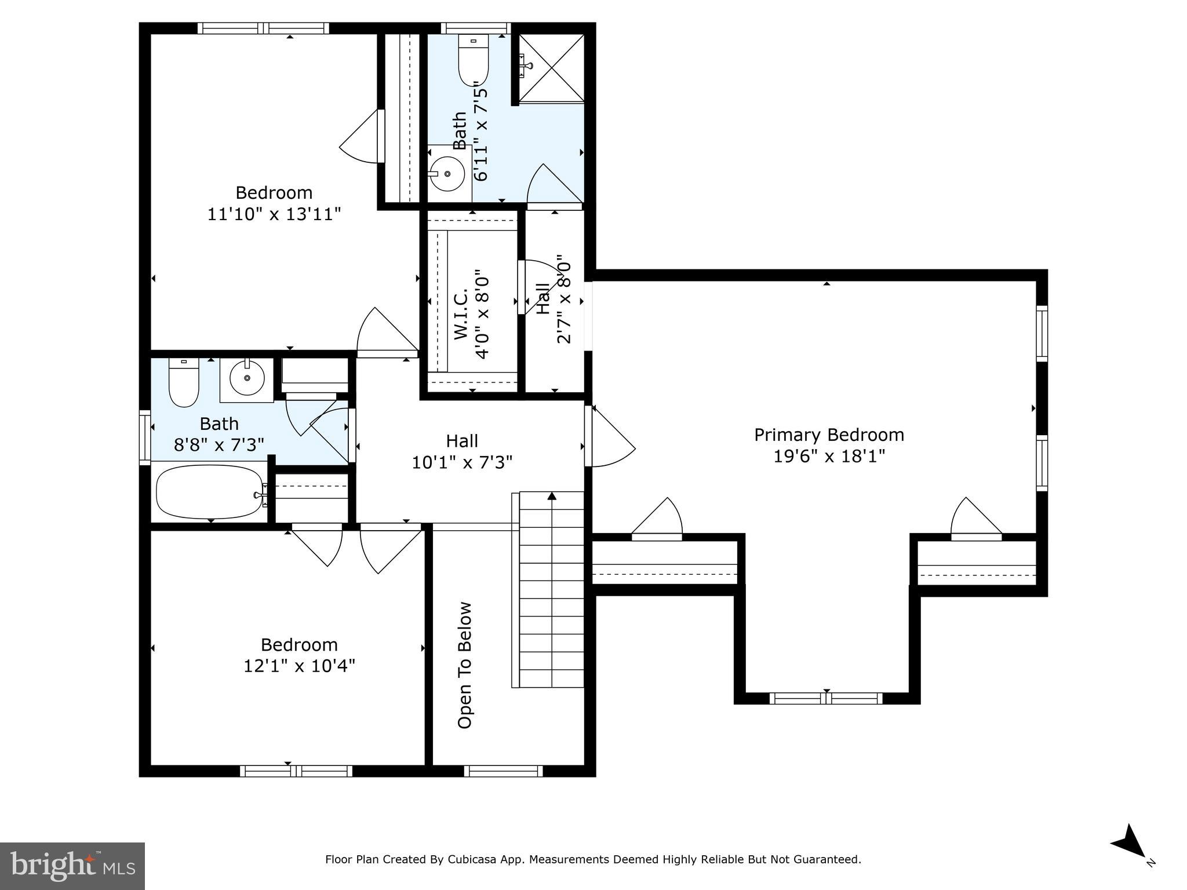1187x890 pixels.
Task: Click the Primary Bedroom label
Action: pyautogui.click(x=828, y=435)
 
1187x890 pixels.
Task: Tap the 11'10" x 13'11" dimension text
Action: pyautogui.click(x=274, y=214)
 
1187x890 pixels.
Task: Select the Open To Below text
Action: pyautogui.click(x=465, y=665)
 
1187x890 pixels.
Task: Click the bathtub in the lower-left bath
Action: pyautogui.click(x=209, y=492)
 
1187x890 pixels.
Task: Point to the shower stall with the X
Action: pyautogui.click(x=551, y=68)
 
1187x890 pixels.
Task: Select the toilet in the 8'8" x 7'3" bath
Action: pyautogui.click(x=184, y=382)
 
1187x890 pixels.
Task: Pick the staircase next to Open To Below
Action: pyautogui.click(x=551, y=589)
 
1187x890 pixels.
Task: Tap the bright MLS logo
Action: pyautogui.click(x=72, y=866)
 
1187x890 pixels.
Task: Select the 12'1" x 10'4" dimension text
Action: pyautogui.click(x=299, y=666)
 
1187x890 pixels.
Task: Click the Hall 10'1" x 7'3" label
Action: pyautogui.click(x=462, y=451)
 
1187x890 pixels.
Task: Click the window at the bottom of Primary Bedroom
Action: pyautogui.click(x=826, y=698)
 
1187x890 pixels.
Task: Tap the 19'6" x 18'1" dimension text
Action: pyautogui.click(x=829, y=457)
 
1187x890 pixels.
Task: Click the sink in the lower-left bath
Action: pyautogui.click(x=247, y=378)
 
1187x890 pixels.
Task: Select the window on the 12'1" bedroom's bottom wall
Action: pyautogui.click(x=296, y=771)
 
